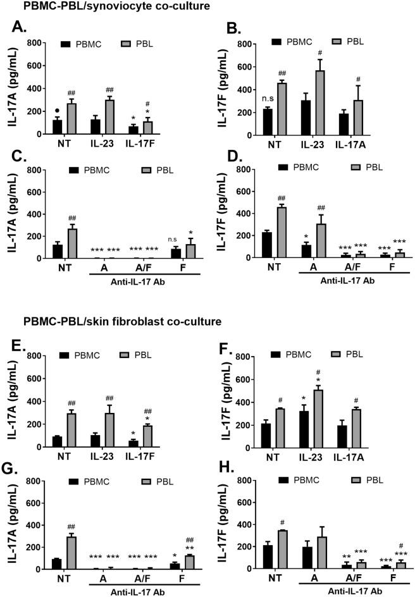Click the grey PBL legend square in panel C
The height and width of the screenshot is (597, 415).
(124, 169)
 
